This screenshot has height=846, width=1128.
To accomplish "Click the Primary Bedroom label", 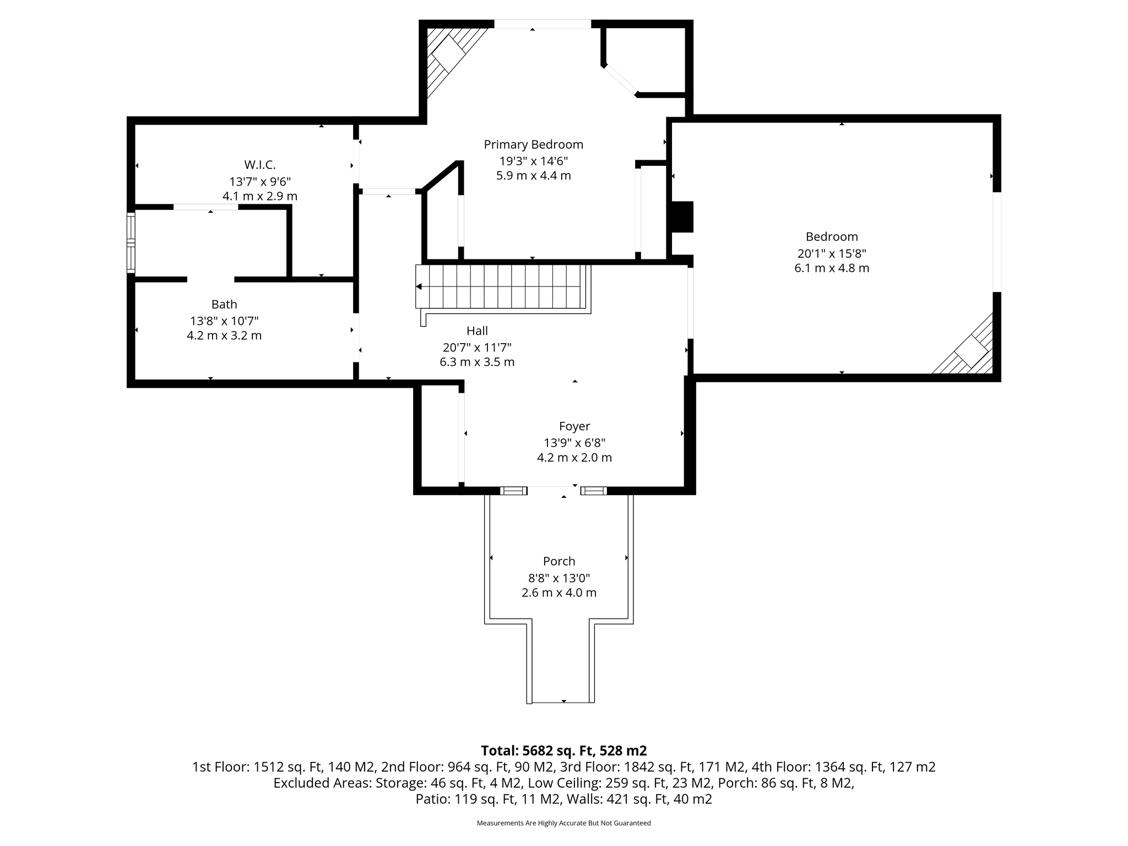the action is (533, 144).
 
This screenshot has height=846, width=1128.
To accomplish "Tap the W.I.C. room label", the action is (260, 165).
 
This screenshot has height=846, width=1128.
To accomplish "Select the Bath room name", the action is (224, 304).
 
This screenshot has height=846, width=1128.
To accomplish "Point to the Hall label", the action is (477, 330).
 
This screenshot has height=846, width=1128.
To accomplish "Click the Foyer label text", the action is (574, 426).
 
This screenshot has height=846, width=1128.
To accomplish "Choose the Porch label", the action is (559, 561).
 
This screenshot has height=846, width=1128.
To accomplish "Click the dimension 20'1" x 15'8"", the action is (832, 253).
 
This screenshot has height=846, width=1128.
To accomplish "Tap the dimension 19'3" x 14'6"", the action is (533, 161).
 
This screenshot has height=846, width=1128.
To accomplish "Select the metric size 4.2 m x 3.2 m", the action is (224, 335).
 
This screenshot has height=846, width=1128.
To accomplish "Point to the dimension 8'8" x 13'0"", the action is (559, 578).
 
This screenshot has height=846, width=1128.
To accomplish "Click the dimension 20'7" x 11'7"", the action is (477, 348).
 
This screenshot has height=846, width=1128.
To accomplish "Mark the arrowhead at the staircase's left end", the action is (419, 286).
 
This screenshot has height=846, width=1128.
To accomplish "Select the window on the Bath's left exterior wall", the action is (131, 242).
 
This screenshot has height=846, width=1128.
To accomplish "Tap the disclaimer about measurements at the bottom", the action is (564, 823).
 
